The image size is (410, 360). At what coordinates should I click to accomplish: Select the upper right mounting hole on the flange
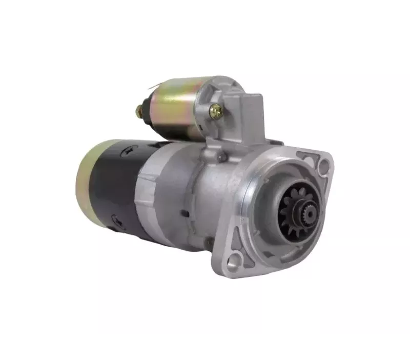pyautogui.click(x=324, y=165)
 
